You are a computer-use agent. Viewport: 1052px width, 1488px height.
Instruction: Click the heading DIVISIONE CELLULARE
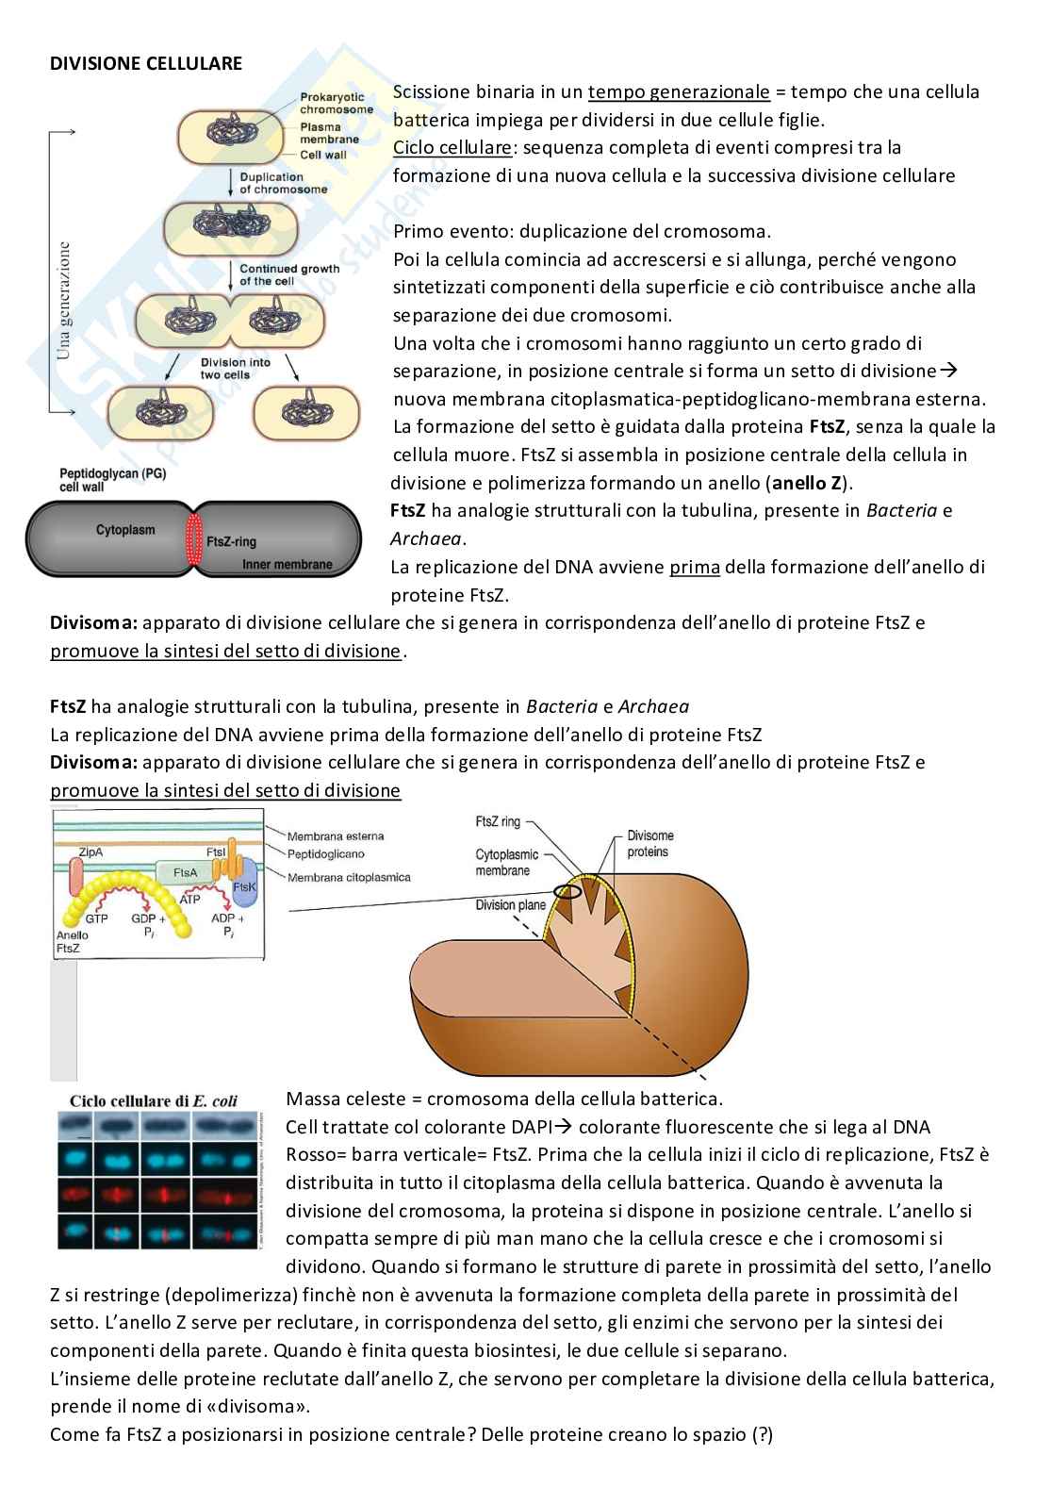tap(146, 64)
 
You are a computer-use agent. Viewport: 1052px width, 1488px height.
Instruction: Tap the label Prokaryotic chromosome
tap(336, 104)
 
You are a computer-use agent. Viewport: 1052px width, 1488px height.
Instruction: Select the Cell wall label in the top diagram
tap(323, 155)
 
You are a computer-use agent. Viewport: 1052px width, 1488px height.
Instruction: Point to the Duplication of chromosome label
tap(284, 183)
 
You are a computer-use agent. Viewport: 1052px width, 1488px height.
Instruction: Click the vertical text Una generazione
tap(64, 301)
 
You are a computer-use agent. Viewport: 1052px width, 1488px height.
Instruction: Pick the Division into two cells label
tap(235, 369)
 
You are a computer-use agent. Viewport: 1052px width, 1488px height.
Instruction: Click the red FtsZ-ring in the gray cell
tap(194, 538)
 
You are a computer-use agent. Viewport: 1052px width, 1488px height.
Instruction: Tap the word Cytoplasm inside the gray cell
tap(125, 530)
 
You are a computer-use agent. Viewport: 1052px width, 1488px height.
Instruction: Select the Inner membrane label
tap(287, 565)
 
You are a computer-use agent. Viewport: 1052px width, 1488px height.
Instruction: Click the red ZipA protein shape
tap(75, 877)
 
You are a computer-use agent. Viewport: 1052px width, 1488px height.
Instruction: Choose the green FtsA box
tap(186, 872)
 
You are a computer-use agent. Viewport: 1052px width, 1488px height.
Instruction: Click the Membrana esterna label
tap(336, 836)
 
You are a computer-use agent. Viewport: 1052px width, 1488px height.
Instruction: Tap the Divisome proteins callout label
tap(650, 844)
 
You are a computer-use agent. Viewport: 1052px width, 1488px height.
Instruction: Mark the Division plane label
tap(510, 904)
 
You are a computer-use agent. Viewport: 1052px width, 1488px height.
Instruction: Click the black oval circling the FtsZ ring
tap(567, 891)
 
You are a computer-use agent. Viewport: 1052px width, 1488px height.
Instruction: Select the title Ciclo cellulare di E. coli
tap(154, 1100)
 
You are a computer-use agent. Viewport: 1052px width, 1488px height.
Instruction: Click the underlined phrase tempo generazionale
tap(679, 92)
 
